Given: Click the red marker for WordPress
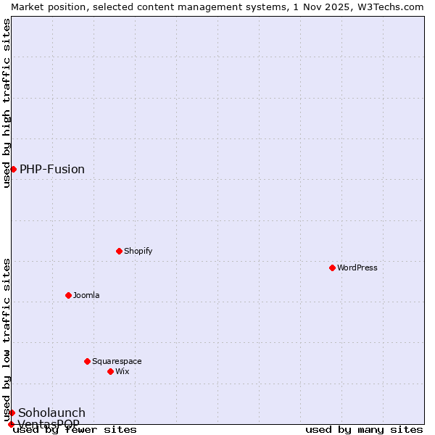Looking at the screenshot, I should coord(333,268).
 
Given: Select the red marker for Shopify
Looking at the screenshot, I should coord(120,251).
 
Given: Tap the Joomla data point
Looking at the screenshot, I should coord(69,295).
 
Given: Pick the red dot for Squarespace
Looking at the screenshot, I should coord(88,361).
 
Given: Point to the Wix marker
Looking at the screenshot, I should coord(111,371).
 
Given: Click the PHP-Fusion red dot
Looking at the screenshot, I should coord(13,169).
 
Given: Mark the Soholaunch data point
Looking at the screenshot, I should coord(12,413).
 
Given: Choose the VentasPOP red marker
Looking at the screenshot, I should coord(11,424).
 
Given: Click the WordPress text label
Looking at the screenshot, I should coord(357,268).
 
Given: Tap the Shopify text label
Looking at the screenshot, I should coord(138,251).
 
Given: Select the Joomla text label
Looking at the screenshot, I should coord(86,295).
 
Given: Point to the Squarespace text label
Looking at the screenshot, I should coord(117,361).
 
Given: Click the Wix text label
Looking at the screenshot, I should coord(123,371).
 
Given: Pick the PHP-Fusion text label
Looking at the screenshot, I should coord(52,169).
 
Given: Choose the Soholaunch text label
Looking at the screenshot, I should coord(51,413).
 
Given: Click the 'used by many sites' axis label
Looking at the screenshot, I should coord(364,430).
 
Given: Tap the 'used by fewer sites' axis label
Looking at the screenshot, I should coord(75,430).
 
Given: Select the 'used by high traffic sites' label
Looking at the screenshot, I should coord(7,103).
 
